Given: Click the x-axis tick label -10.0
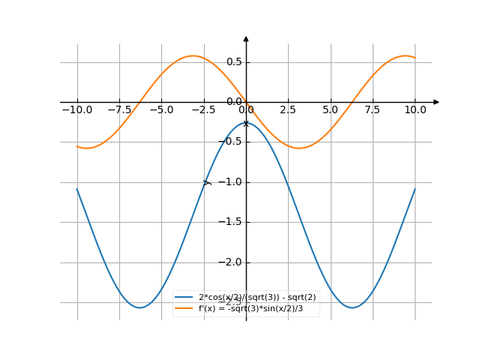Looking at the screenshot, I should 76,109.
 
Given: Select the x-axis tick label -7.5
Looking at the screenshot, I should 118,109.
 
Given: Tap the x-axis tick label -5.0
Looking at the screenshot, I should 161,109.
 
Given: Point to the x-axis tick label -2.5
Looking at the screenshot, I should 203,109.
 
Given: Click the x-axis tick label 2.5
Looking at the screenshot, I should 288,109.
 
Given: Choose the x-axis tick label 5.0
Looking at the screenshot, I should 330,109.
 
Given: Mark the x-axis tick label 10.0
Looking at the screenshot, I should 415,109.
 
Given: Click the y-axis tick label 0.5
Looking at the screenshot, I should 233,61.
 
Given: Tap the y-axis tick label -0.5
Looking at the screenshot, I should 230,142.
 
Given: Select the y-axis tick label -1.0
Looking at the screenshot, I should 230,182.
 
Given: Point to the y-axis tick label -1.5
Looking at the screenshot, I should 230,222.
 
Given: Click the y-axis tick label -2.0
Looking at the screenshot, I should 230,262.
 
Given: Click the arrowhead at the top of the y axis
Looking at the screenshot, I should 246,38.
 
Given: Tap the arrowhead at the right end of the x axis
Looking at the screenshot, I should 436,102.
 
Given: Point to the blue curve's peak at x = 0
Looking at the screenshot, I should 246,122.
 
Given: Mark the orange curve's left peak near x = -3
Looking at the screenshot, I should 193,55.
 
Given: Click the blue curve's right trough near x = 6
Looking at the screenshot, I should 352,307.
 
